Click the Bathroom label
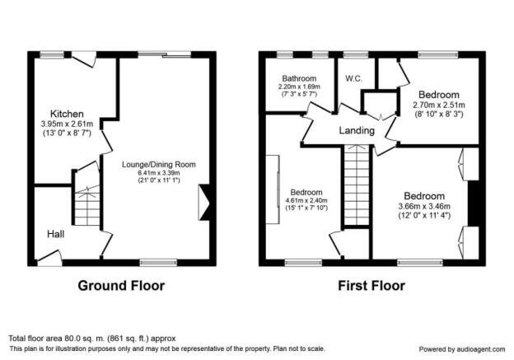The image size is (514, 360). [x=298, y=79]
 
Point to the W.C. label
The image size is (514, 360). [x=355, y=79]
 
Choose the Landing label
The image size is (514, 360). [x=357, y=131]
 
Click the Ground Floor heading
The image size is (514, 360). [x=121, y=286]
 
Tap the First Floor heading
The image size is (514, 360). [x=371, y=286]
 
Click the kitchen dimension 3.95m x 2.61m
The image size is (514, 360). [x=68, y=124]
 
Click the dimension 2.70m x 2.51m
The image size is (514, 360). [x=439, y=105]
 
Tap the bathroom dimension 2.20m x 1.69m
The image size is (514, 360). [x=298, y=88]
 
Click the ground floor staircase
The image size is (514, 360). [x=86, y=204]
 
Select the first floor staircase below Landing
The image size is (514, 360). [x=356, y=185]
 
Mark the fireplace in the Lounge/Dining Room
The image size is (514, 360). [x=205, y=202]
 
